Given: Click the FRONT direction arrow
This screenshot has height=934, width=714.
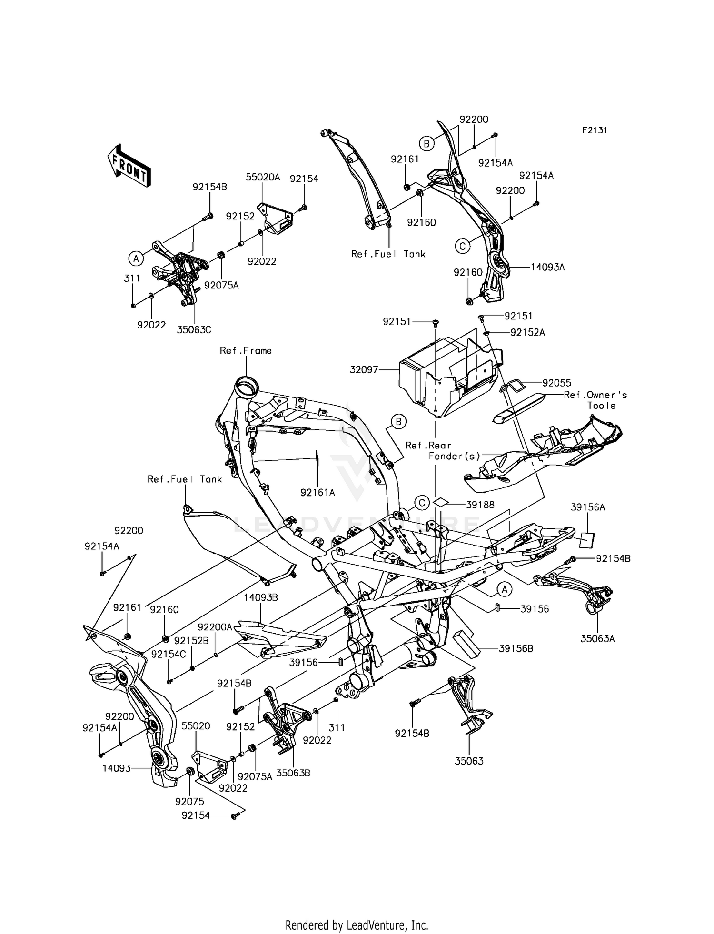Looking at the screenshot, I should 129,166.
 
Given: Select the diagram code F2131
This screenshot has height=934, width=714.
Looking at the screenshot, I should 594,130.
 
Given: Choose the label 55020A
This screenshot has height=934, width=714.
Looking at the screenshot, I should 263,177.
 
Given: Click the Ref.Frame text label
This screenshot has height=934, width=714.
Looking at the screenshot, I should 246,350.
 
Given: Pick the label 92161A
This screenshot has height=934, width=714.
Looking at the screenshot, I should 317,493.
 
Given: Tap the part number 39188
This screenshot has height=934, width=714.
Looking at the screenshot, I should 480,505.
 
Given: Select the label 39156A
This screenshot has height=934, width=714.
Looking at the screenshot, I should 588,507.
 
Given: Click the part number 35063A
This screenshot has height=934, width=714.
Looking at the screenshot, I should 597,639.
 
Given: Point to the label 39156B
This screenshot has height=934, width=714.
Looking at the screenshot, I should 516,648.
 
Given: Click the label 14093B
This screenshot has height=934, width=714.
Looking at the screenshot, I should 261,597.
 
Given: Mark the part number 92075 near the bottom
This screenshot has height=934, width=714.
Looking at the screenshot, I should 190,801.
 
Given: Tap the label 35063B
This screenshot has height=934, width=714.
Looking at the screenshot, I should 293,773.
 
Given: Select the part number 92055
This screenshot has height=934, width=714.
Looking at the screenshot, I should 557,383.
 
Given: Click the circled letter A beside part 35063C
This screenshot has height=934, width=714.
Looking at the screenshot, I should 136,258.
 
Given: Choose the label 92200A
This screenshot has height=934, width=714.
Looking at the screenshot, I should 215,627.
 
